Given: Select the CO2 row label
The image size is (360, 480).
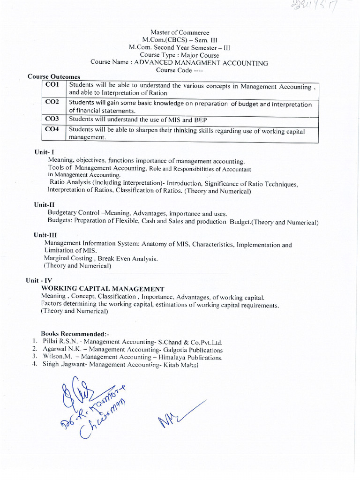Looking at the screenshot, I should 52,102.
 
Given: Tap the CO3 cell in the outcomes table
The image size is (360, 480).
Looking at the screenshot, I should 52,119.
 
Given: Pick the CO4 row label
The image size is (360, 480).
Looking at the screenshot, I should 52,129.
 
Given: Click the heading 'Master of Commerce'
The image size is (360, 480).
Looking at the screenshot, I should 180,32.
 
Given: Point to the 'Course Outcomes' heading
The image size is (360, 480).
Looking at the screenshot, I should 54,76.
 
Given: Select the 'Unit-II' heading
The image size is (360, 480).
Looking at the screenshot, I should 45,205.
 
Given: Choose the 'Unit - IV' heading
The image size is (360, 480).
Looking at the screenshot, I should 39,280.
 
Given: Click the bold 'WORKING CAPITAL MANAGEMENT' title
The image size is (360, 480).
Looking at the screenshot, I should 103,289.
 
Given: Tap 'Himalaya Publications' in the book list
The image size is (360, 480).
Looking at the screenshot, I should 191,357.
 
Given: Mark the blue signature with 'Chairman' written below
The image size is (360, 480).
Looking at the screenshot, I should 91,404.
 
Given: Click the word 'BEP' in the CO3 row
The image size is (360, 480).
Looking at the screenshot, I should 200,120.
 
